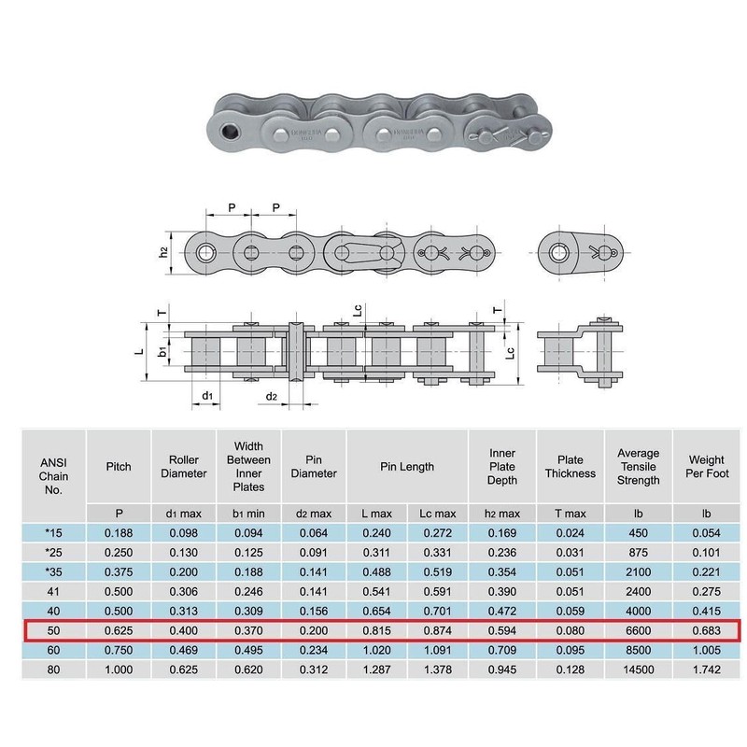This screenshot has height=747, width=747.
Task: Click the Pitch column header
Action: point(119,467)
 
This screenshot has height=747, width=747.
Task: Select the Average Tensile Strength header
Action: point(638,467)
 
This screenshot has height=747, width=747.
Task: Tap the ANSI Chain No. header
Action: point(53,467)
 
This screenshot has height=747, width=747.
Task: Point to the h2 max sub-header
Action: point(502,514)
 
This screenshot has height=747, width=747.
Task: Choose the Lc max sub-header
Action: point(436,514)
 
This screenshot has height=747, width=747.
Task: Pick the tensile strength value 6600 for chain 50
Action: point(638,630)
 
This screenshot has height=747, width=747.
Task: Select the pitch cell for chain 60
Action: point(119,651)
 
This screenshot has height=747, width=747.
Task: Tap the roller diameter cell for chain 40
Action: point(184,611)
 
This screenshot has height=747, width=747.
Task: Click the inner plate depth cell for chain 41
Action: point(502,591)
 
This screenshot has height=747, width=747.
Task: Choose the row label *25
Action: point(53,551)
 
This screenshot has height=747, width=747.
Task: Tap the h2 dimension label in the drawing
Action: point(162,251)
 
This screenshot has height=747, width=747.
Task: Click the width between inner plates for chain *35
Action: point(248,571)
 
